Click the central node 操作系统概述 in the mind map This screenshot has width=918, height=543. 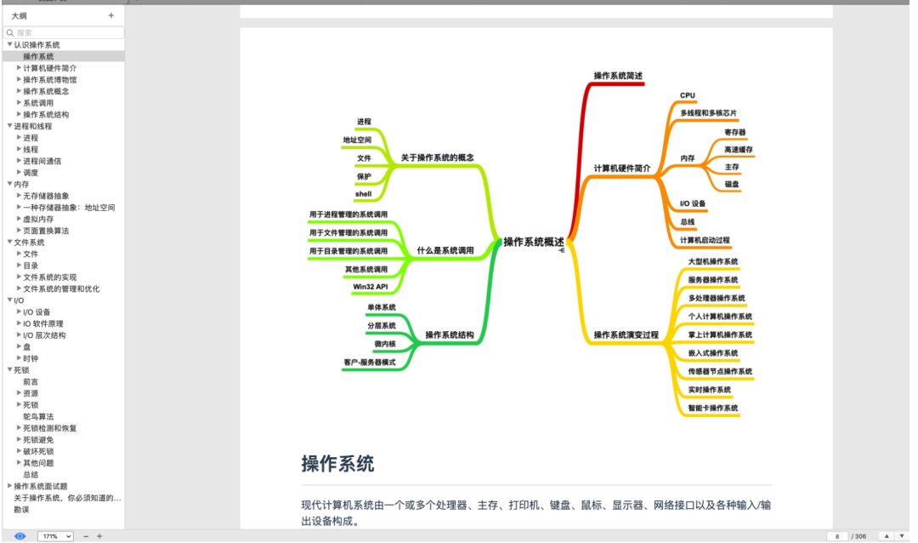click(x=533, y=242)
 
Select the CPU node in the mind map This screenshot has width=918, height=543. click(x=688, y=95)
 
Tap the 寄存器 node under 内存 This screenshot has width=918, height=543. click(x=734, y=132)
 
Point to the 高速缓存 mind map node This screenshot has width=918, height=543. click(x=738, y=149)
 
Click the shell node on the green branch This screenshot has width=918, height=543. click(x=363, y=194)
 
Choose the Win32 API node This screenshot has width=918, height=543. click(x=370, y=287)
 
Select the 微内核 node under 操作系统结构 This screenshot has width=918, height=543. click(x=384, y=344)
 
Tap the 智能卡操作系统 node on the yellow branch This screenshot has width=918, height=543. click(x=713, y=408)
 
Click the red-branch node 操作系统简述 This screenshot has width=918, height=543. click(x=618, y=77)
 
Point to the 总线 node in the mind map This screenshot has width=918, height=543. click(x=687, y=221)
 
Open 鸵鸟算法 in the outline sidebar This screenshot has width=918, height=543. click(x=38, y=417)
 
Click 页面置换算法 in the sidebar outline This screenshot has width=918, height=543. click(x=46, y=231)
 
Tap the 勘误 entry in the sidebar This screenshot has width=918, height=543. click(x=21, y=510)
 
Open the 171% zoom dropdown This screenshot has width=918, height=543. click(x=56, y=536)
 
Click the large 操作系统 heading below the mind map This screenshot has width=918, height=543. click(x=337, y=464)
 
